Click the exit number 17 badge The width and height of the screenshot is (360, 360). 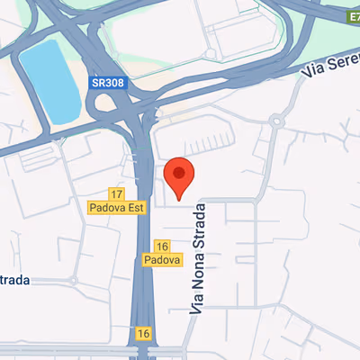(116, 194)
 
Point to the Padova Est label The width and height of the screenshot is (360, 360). (116, 207)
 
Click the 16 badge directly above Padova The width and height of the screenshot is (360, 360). (163, 247)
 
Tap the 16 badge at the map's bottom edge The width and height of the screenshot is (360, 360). (143, 333)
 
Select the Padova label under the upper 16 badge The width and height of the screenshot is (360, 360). (163, 260)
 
